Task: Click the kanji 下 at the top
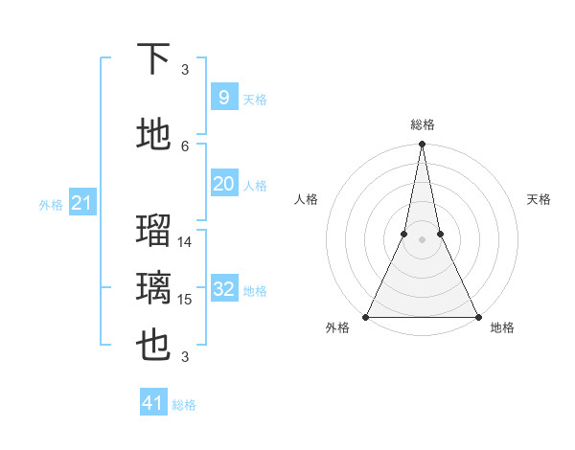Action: click(153, 59)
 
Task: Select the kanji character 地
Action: click(153, 135)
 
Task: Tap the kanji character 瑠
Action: click(153, 231)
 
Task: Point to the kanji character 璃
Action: click(153, 287)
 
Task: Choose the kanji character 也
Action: click(153, 346)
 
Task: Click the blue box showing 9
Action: click(223, 98)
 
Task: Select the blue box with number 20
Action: click(223, 184)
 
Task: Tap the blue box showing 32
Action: click(223, 289)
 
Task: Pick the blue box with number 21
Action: click(82, 203)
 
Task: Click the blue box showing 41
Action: click(153, 403)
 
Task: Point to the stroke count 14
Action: click(185, 242)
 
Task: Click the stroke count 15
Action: click(185, 300)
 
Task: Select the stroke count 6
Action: click(185, 146)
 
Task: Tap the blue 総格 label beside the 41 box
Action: click(184, 405)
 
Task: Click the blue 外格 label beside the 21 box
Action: click(51, 205)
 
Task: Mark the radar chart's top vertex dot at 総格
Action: click(422, 144)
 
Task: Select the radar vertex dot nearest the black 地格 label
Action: click(477, 316)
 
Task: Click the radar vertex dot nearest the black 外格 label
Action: click(366, 316)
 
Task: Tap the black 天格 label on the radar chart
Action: click(539, 199)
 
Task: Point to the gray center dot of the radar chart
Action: click(422, 239)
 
